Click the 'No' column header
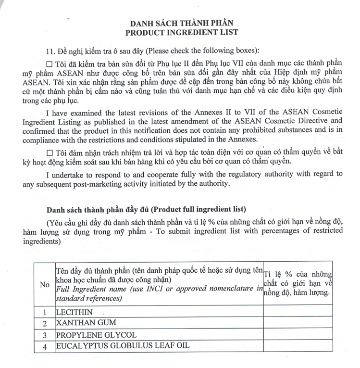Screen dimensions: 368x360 [x=45, y=284]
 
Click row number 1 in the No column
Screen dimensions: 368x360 [x=45, y=312]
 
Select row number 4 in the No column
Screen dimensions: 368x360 [x=45, y=345]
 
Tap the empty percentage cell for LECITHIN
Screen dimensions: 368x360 [x=298, y=312]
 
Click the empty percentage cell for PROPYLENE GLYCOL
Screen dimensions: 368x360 [x=298, y=334]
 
